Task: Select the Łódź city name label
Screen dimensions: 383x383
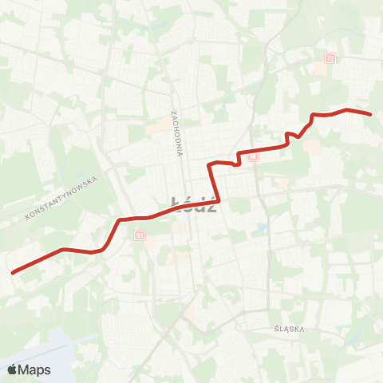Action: [194, 204]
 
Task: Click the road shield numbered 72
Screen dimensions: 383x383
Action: [330, 58]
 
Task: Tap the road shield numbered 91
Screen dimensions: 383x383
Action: [140, 235]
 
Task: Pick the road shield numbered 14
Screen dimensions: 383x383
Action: [253, 157]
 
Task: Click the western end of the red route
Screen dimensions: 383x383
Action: [13, 273]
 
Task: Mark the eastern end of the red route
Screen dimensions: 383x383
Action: [371, 114]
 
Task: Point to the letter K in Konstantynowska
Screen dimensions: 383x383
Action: [28, 217]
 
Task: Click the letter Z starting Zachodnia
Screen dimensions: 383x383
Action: [172, 113]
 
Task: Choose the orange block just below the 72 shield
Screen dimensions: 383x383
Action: [321, 69]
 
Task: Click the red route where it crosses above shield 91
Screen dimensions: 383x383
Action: [140, 218]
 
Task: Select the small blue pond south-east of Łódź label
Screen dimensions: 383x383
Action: [261, 229]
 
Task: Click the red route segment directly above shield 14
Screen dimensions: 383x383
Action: [253, 149]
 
